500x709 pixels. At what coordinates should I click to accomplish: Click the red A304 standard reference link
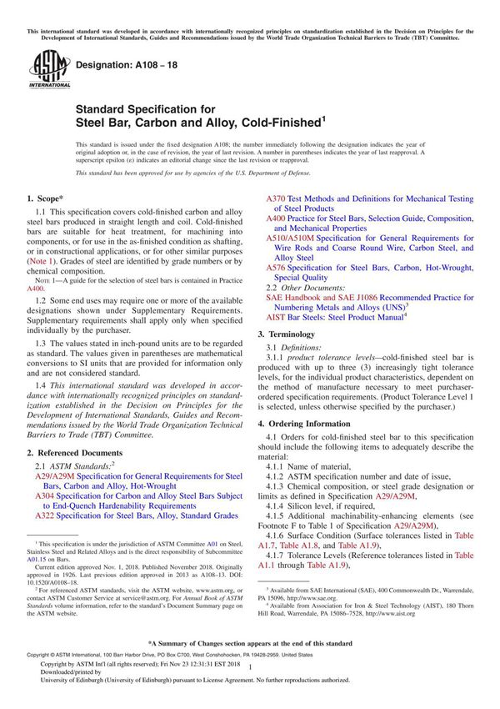coord(44,494)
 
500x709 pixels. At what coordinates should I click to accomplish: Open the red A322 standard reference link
coord(44,517)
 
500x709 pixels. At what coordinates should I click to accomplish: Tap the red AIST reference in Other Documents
coord(275,317)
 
